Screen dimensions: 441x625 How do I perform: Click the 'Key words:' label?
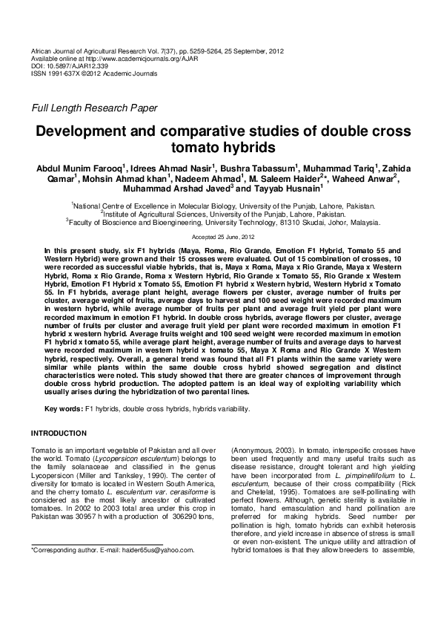coord(64,409)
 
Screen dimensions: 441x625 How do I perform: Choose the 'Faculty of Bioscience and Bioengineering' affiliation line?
coord(223,221)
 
